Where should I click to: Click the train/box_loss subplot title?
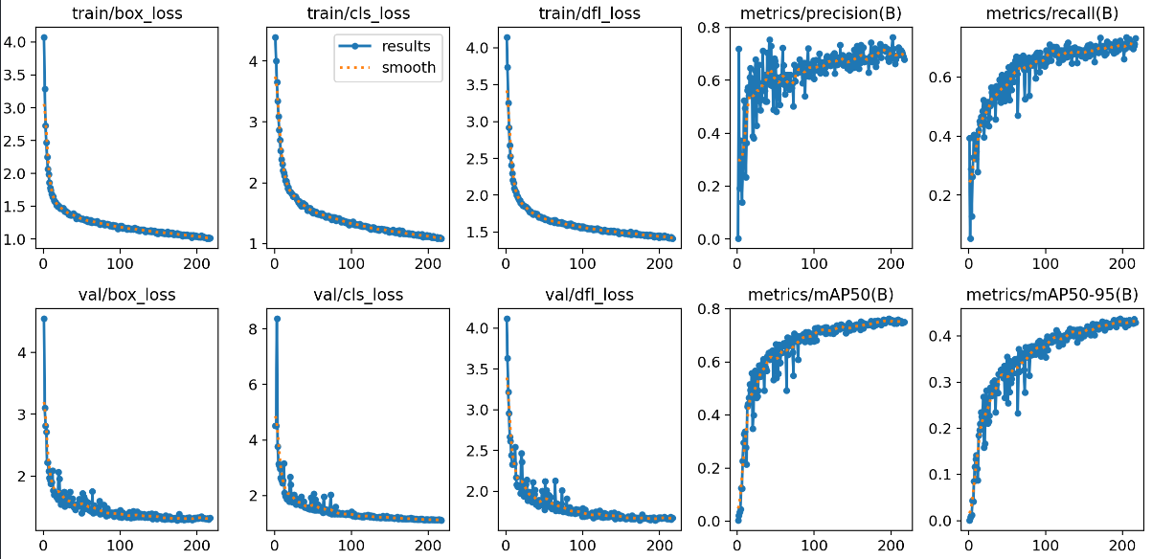coord(126,14)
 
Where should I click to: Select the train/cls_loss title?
coord(357,14)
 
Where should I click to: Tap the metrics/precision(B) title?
coord(822,14)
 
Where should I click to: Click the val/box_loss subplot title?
coord(126,295)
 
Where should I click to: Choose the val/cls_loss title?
coord(357,295)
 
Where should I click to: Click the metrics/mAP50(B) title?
coord(822,295)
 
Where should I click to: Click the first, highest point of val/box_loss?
coord(43,319)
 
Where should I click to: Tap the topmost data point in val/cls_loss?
coord(277,319)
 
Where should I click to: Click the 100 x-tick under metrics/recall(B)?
coord(1046,261)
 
